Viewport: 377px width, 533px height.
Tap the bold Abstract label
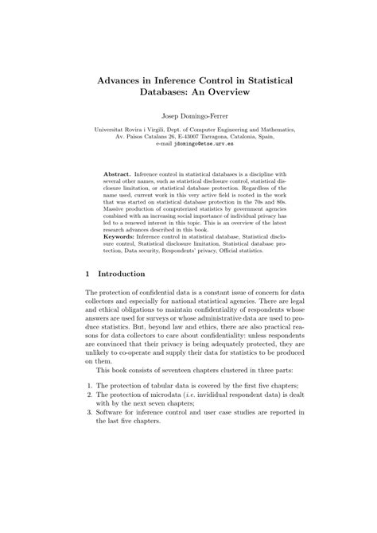coord(119,174)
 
